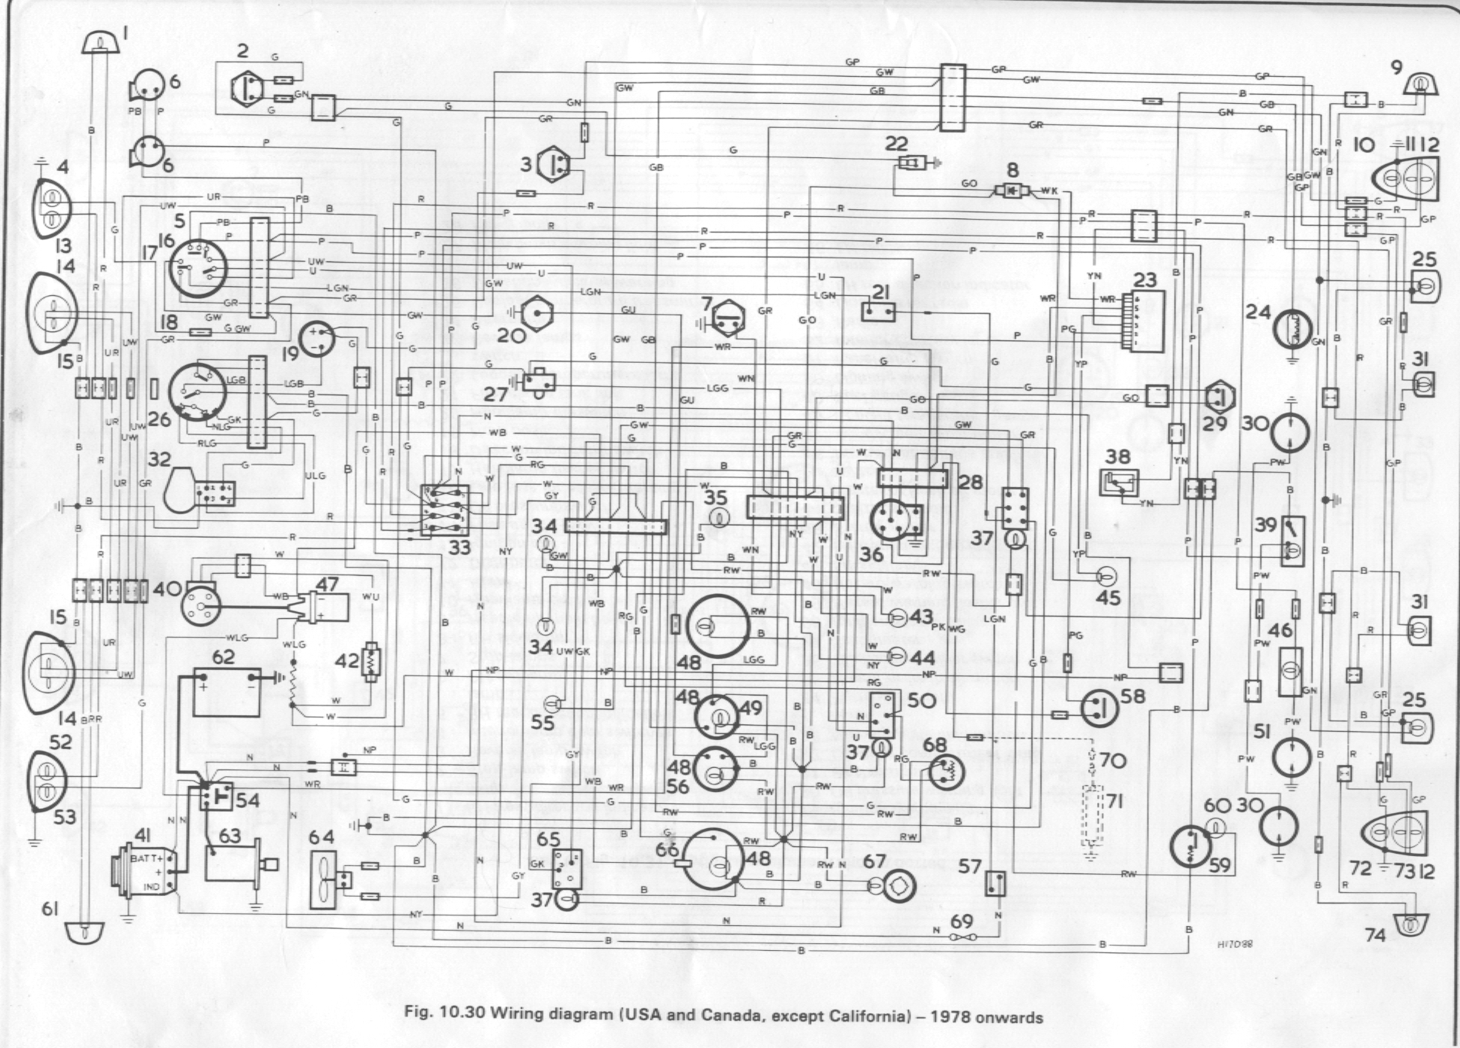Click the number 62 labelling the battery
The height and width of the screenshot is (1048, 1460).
point(223,657)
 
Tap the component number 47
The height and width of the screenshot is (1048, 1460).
point(327,584)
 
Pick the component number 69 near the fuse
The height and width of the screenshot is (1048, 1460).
point(962,921)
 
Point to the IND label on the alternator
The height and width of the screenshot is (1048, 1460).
point(151,887)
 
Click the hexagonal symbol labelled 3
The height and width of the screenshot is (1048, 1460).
point(556,163)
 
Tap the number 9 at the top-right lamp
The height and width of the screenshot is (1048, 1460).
point(1397,68)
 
